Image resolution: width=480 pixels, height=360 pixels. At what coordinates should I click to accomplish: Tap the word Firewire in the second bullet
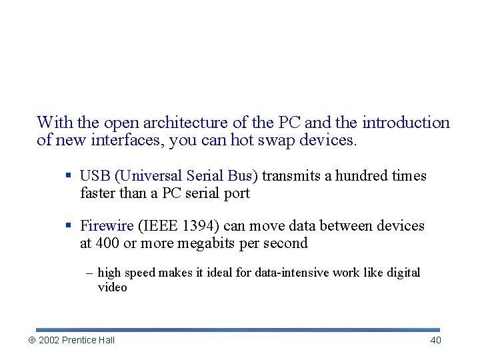[107, 226]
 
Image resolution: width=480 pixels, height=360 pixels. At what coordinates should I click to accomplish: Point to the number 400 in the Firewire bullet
[107, 243]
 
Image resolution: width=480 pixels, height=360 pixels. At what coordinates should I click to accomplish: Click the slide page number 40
[435, 340]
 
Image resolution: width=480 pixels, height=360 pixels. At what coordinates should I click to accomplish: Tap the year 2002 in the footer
[49, 340]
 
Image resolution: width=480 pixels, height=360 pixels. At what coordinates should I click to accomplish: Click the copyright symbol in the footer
[31, 341]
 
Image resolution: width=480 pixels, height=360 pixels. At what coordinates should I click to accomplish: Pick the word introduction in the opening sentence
[406, 123]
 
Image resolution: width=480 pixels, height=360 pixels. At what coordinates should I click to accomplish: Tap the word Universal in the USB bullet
[150, 176]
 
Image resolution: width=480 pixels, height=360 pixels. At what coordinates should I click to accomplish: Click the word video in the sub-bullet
[112, 287]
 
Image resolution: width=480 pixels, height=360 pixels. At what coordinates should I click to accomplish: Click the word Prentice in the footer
[79, 340]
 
